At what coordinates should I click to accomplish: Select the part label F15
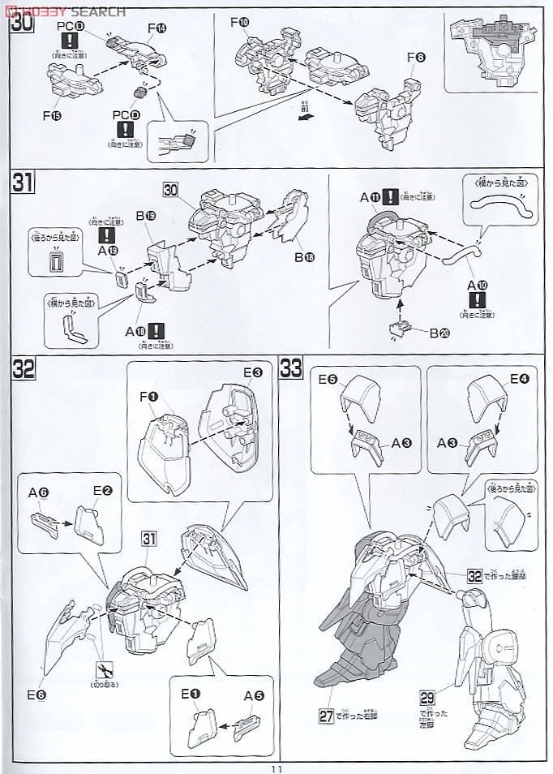53,115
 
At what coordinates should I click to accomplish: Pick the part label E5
328,378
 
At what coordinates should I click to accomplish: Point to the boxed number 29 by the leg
427,697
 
